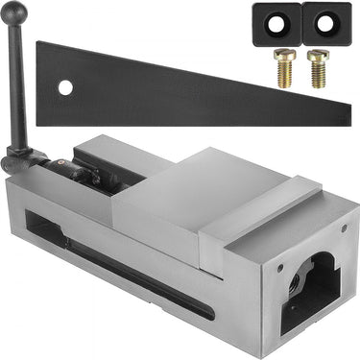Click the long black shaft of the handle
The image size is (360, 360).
click(19, 86)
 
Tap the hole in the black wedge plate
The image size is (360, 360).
click(65, 87)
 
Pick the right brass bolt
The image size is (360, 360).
click(316, 68)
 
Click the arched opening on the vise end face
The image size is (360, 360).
click(308, 293)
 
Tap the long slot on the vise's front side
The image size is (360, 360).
click(134, 273)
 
